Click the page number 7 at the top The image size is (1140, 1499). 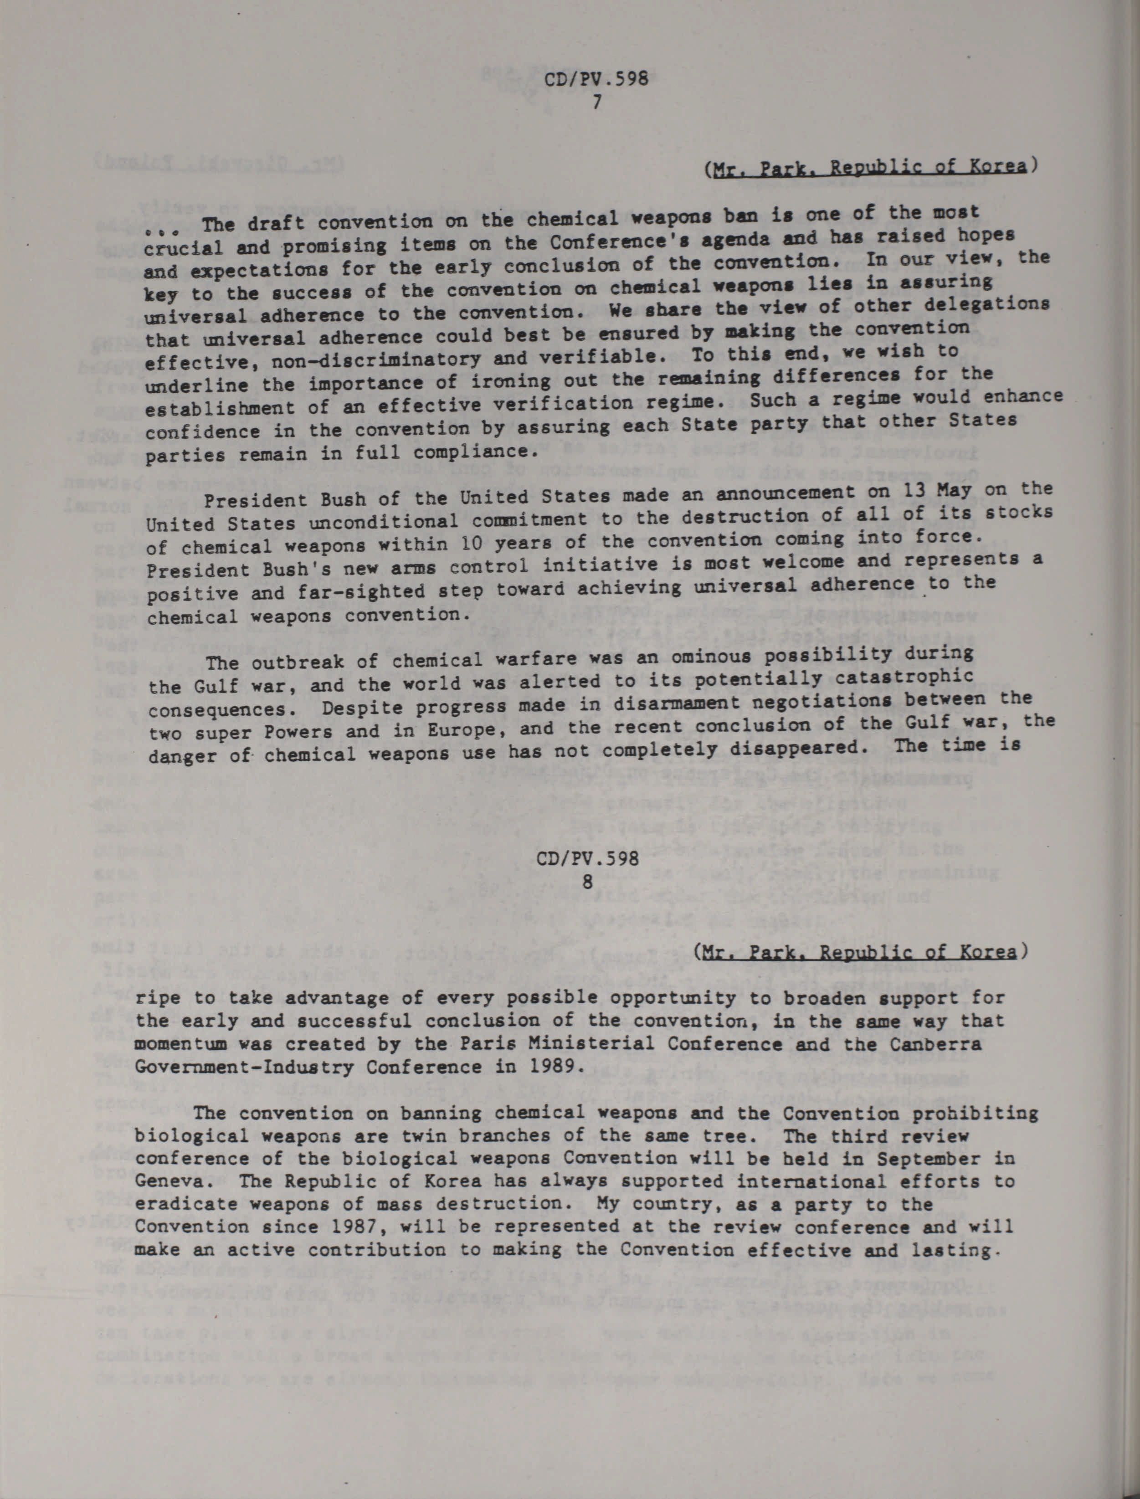596,103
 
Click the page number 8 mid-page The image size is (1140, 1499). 588,883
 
